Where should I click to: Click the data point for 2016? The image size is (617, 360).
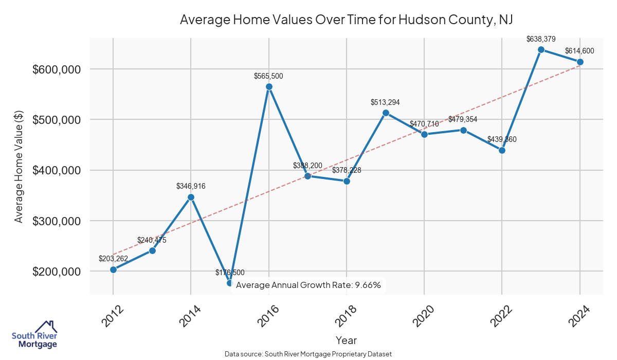(269, 86)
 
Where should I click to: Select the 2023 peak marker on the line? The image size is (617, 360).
(541, 49)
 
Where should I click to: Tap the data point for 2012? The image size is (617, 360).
(113, 269)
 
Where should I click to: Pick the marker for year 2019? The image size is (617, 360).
(386, 113)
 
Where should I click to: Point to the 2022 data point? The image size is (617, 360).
(502, 150)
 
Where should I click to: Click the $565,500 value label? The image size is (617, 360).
(268, 76)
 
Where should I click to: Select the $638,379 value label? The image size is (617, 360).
(541, 39)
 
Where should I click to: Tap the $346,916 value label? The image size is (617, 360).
(191, 187)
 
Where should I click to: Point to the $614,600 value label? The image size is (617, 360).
(579, 51)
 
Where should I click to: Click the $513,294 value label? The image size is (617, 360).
(385, 102)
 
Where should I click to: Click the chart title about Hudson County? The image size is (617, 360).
(347, 20)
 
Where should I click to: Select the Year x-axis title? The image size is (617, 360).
(346, 340)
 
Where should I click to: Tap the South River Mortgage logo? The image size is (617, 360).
(35, 335)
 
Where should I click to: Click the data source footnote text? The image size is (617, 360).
(308, 354)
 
